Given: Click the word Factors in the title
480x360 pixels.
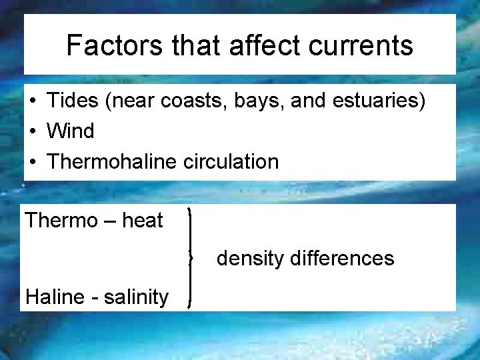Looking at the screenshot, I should (x=114, y=45).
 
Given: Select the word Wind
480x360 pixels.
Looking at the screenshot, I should (x=70, y=131).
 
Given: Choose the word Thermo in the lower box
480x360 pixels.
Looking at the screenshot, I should (x=61, y=220).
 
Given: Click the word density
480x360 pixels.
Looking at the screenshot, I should (x=250, y=259).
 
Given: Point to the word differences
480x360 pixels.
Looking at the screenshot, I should (x=342, y=259).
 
